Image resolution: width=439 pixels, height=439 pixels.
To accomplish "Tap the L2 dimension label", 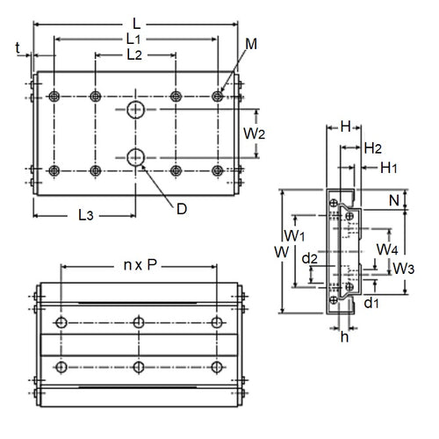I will tap(134, 54).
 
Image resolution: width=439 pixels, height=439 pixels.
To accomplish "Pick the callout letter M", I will tap(251, 43).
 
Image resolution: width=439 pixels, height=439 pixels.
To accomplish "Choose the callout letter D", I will tap(181, 208).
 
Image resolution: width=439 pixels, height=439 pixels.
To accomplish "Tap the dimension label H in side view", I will tap(346, 127).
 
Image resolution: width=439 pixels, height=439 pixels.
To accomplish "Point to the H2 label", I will tap(372, 148).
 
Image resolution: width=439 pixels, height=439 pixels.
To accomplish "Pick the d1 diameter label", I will tap(371, 304).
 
